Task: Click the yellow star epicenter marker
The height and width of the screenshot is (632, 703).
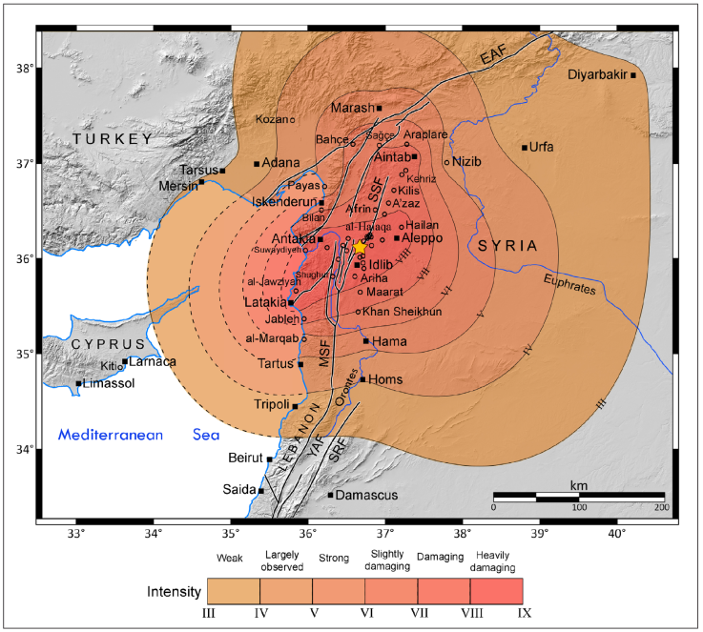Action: tap(360, 246)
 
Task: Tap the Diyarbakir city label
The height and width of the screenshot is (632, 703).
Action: tap(597, 75)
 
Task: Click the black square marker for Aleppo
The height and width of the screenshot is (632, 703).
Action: tap(397, 237)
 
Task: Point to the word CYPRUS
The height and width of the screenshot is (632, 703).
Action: tap(109, 343)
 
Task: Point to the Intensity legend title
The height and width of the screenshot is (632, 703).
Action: tap(174, 592)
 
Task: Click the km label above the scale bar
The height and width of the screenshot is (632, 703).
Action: tap(578, 486)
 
